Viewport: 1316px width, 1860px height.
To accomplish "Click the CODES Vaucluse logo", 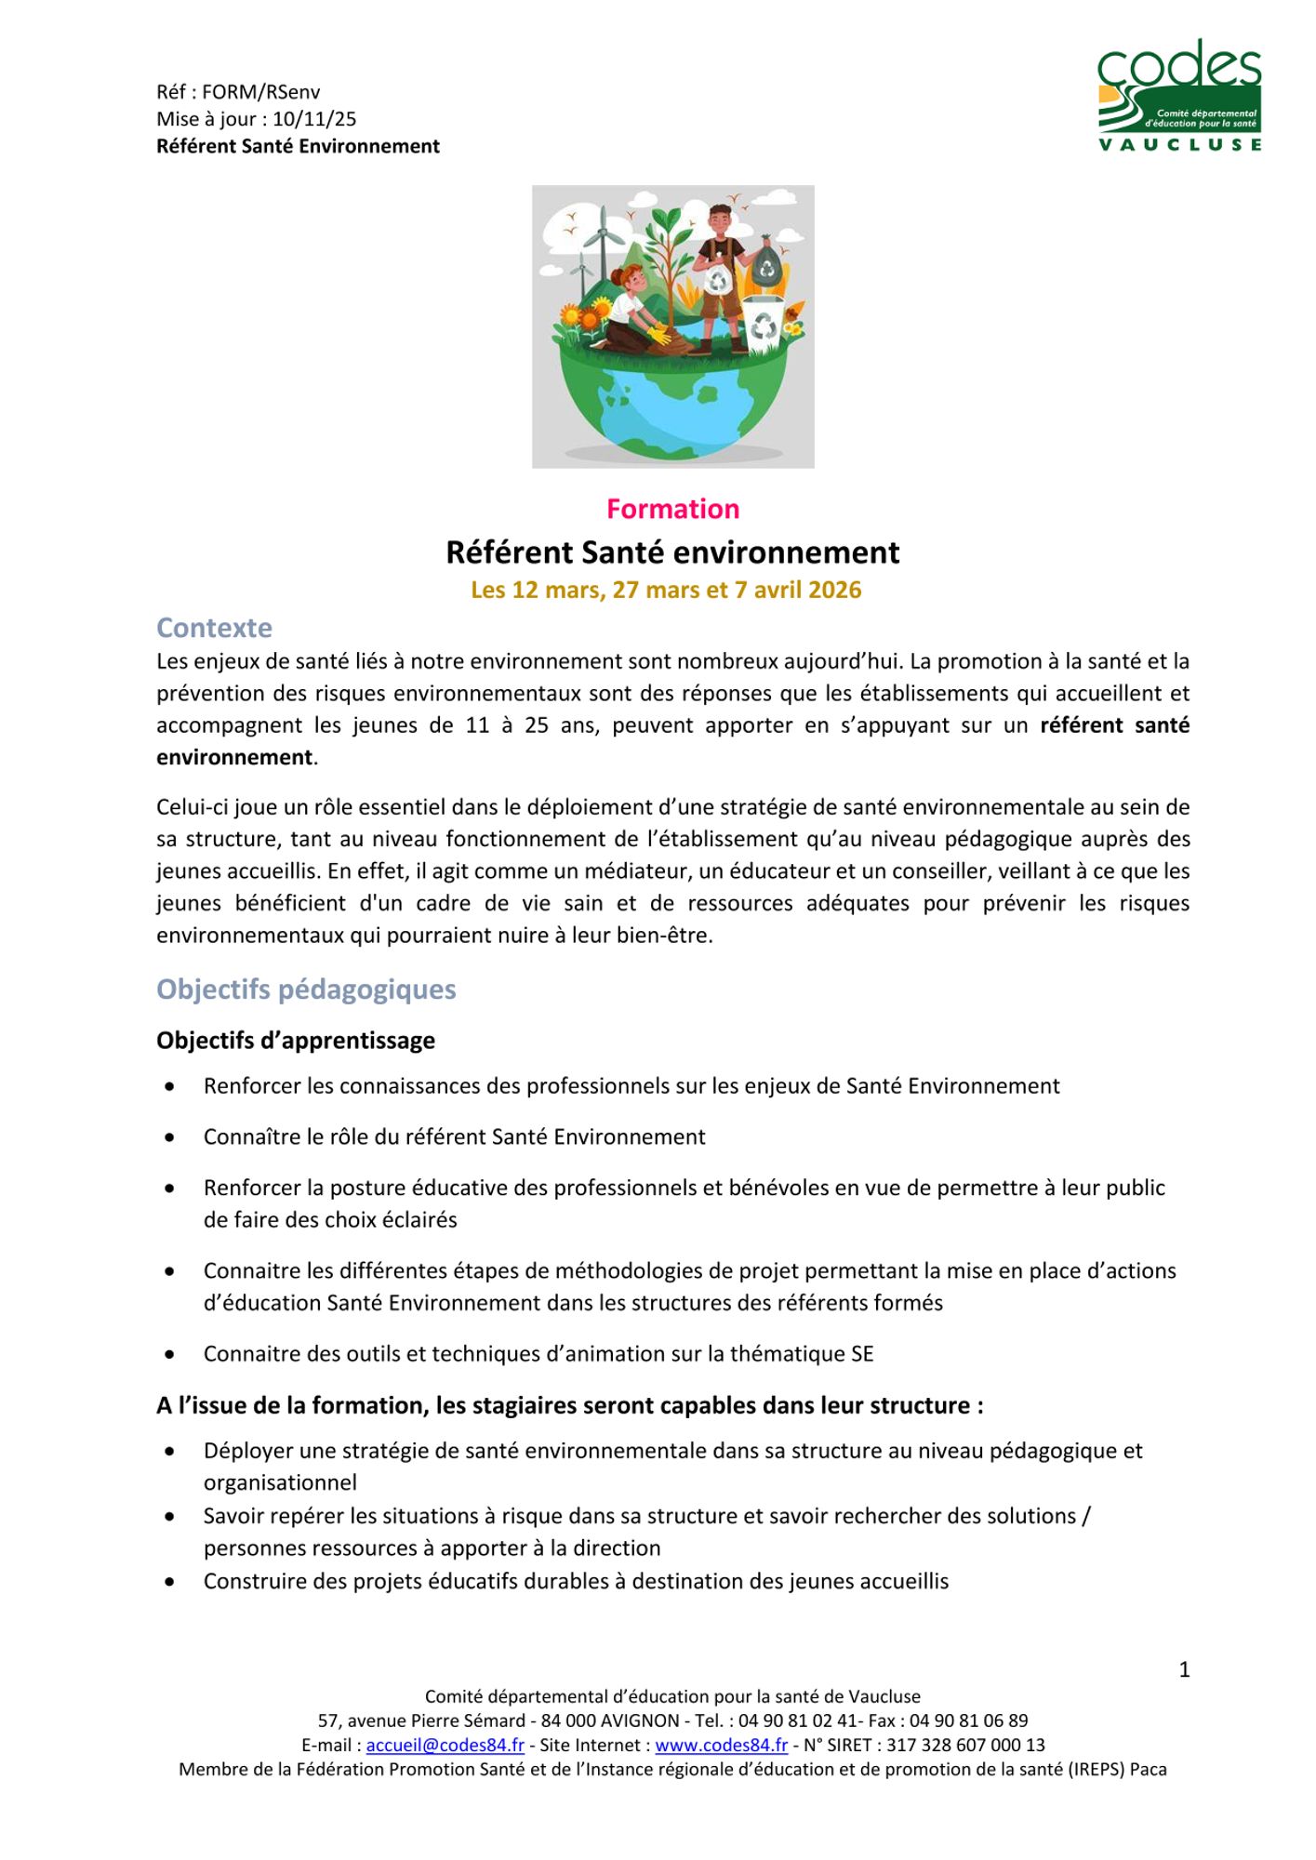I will [x=1178, y=95].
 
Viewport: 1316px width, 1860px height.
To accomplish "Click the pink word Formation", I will [x=672, y=509].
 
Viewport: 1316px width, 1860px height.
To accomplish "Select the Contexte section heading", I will [x=214, y=628].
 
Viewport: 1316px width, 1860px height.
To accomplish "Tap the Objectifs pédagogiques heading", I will [x=306, y=989].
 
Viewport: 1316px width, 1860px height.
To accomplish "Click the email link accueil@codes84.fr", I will [x=445, y=1746].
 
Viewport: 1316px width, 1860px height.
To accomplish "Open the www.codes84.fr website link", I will [x=721, y=1746].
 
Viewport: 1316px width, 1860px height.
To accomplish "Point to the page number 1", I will [x=1184, y=1670].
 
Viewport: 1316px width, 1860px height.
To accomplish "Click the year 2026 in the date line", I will [x=834, y=591].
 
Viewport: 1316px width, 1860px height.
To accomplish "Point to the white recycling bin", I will [x=763, y=324].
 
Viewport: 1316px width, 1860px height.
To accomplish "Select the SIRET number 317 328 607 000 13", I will [x=965, y=1746].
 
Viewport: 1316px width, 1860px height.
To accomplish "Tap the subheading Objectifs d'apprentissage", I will [x=296, y=1041].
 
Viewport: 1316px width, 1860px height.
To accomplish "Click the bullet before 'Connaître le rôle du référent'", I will [x=169, y=1137].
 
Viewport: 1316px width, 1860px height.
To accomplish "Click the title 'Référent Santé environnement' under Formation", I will [x=672, y=552].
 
